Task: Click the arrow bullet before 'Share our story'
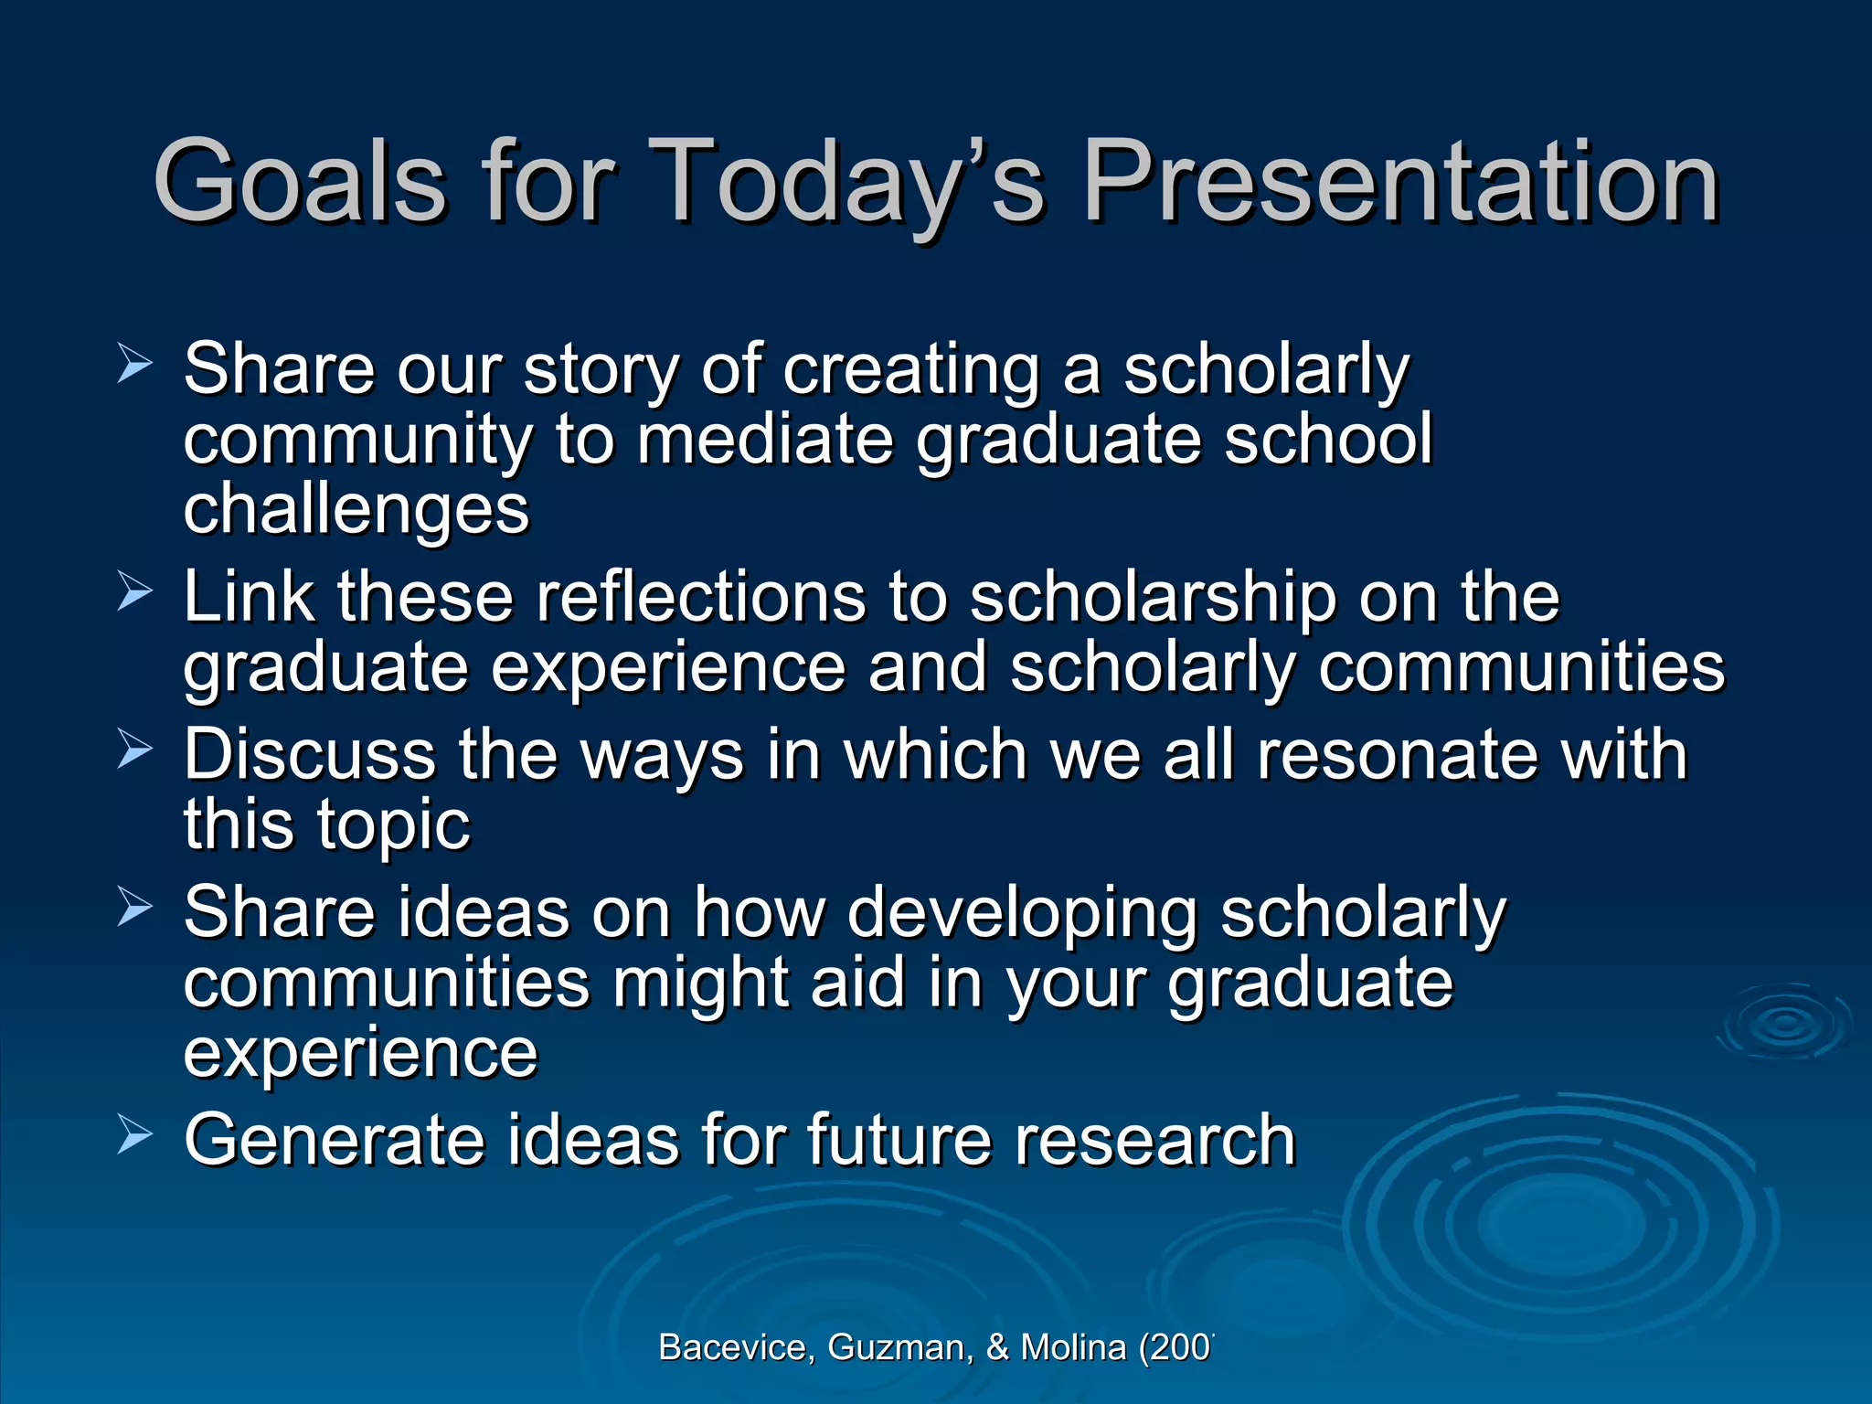pyautogui.click(x=135, y=365)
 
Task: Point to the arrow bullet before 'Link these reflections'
pyautogui.click(x=135, y=592)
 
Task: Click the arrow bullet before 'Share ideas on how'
pyautogui.click(x=135, y=908)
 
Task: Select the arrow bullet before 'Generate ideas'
pyautogui.click(x=135, y=1135)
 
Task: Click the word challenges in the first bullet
pyautogui.click(x=356, y=509)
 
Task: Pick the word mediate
pyautogui.click(x=765, y=440)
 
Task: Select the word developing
pyautogui.click(x=1022, y=913)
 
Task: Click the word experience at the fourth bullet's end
pyautogui.click(x=361, y=1054)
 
